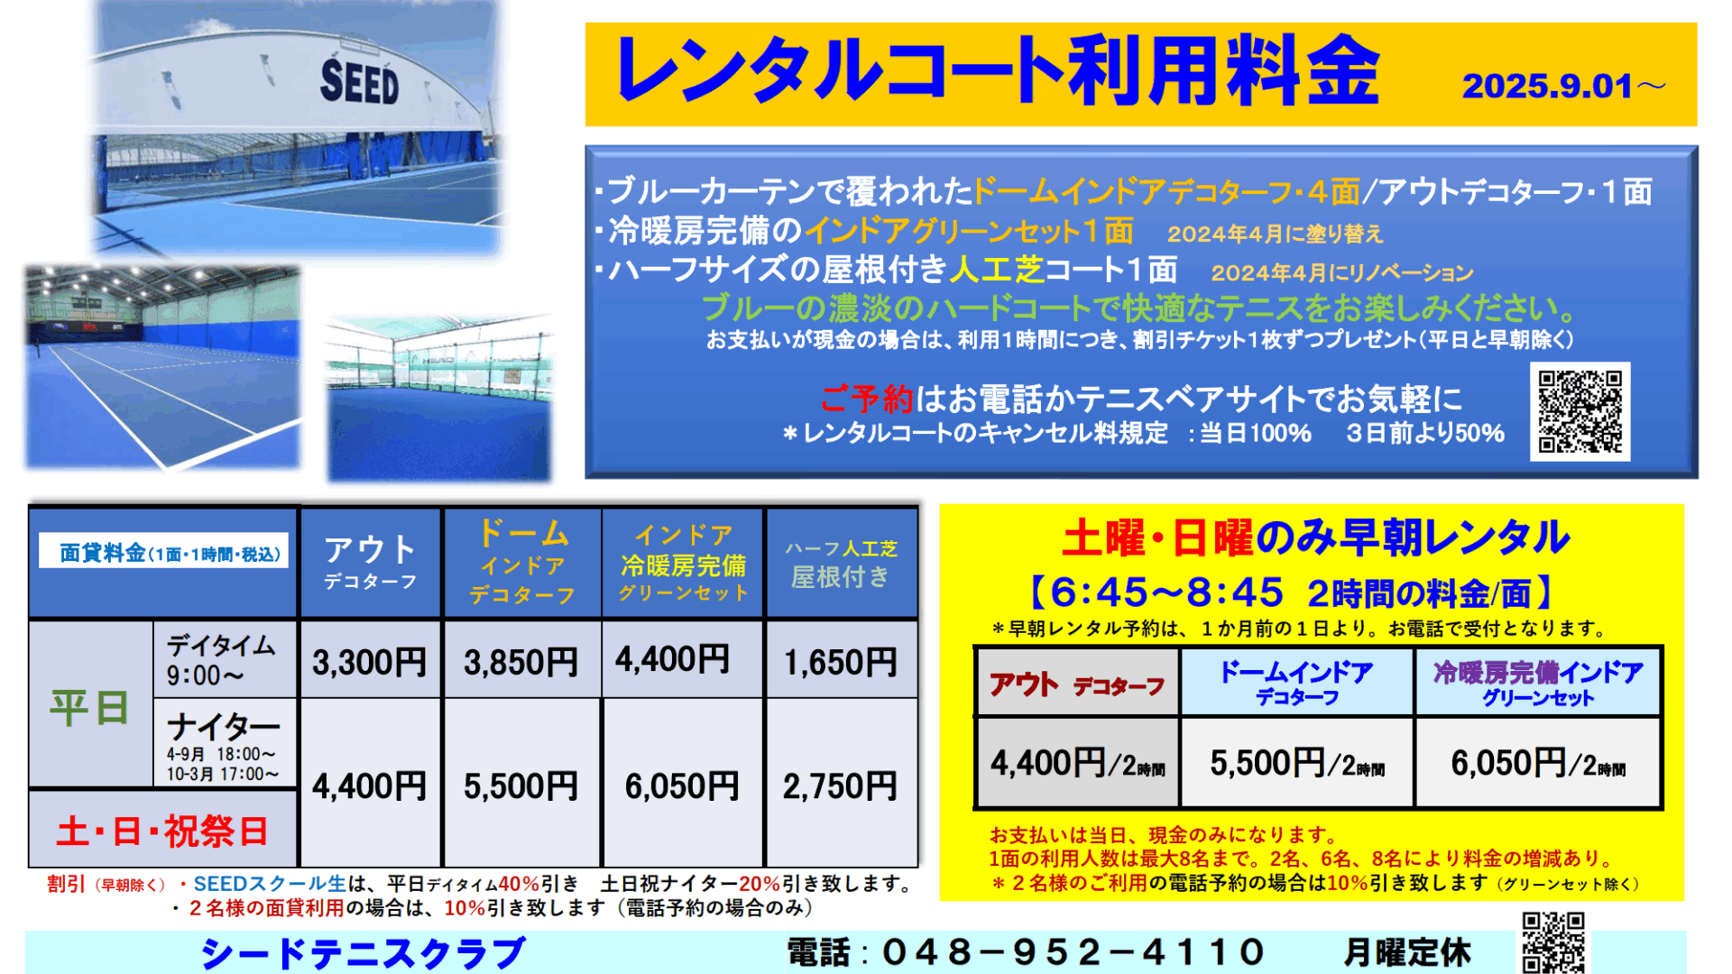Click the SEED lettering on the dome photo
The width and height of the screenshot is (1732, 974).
359,82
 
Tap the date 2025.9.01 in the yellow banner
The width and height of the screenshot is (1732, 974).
1547,87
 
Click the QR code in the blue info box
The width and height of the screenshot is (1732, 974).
1580,411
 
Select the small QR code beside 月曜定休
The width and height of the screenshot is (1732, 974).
1553,942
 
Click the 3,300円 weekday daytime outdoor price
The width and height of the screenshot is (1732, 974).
370,663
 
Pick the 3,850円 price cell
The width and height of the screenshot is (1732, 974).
521,663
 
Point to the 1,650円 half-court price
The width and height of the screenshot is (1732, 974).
841,663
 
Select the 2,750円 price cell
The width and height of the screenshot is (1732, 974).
841,786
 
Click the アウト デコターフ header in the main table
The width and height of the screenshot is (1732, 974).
370,562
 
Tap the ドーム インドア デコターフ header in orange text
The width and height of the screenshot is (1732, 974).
522,561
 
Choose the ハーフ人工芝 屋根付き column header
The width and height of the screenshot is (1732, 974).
841,564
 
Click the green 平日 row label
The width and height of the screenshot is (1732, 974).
89,708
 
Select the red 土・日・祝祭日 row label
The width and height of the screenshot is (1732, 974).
162,831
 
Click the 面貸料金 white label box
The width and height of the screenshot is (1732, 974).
164,551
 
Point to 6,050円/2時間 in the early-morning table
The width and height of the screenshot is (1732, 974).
1538,764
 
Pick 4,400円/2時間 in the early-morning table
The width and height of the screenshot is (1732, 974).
1078,764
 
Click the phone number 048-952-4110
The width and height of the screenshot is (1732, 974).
1073,952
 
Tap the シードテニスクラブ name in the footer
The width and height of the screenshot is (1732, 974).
363,953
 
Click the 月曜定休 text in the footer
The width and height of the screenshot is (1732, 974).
1407,952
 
